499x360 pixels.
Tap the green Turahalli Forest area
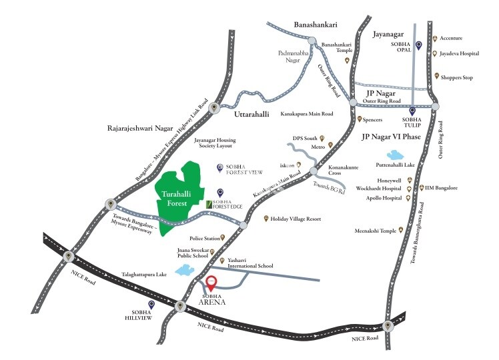coord(180,193)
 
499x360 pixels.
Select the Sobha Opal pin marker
coord(418,45)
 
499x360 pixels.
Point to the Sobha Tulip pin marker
coord(412,111)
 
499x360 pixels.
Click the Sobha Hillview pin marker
coord(151,305)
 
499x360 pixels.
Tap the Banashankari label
coord(316,25)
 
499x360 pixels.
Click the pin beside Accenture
coord(436,39)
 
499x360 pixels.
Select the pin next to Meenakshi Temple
coord(401,231)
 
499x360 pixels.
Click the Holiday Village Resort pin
coord(266,219)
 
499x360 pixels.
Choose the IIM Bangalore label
coord(441,189)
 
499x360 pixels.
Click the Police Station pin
coord(232,237)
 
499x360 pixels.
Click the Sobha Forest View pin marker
coord(220,168)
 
